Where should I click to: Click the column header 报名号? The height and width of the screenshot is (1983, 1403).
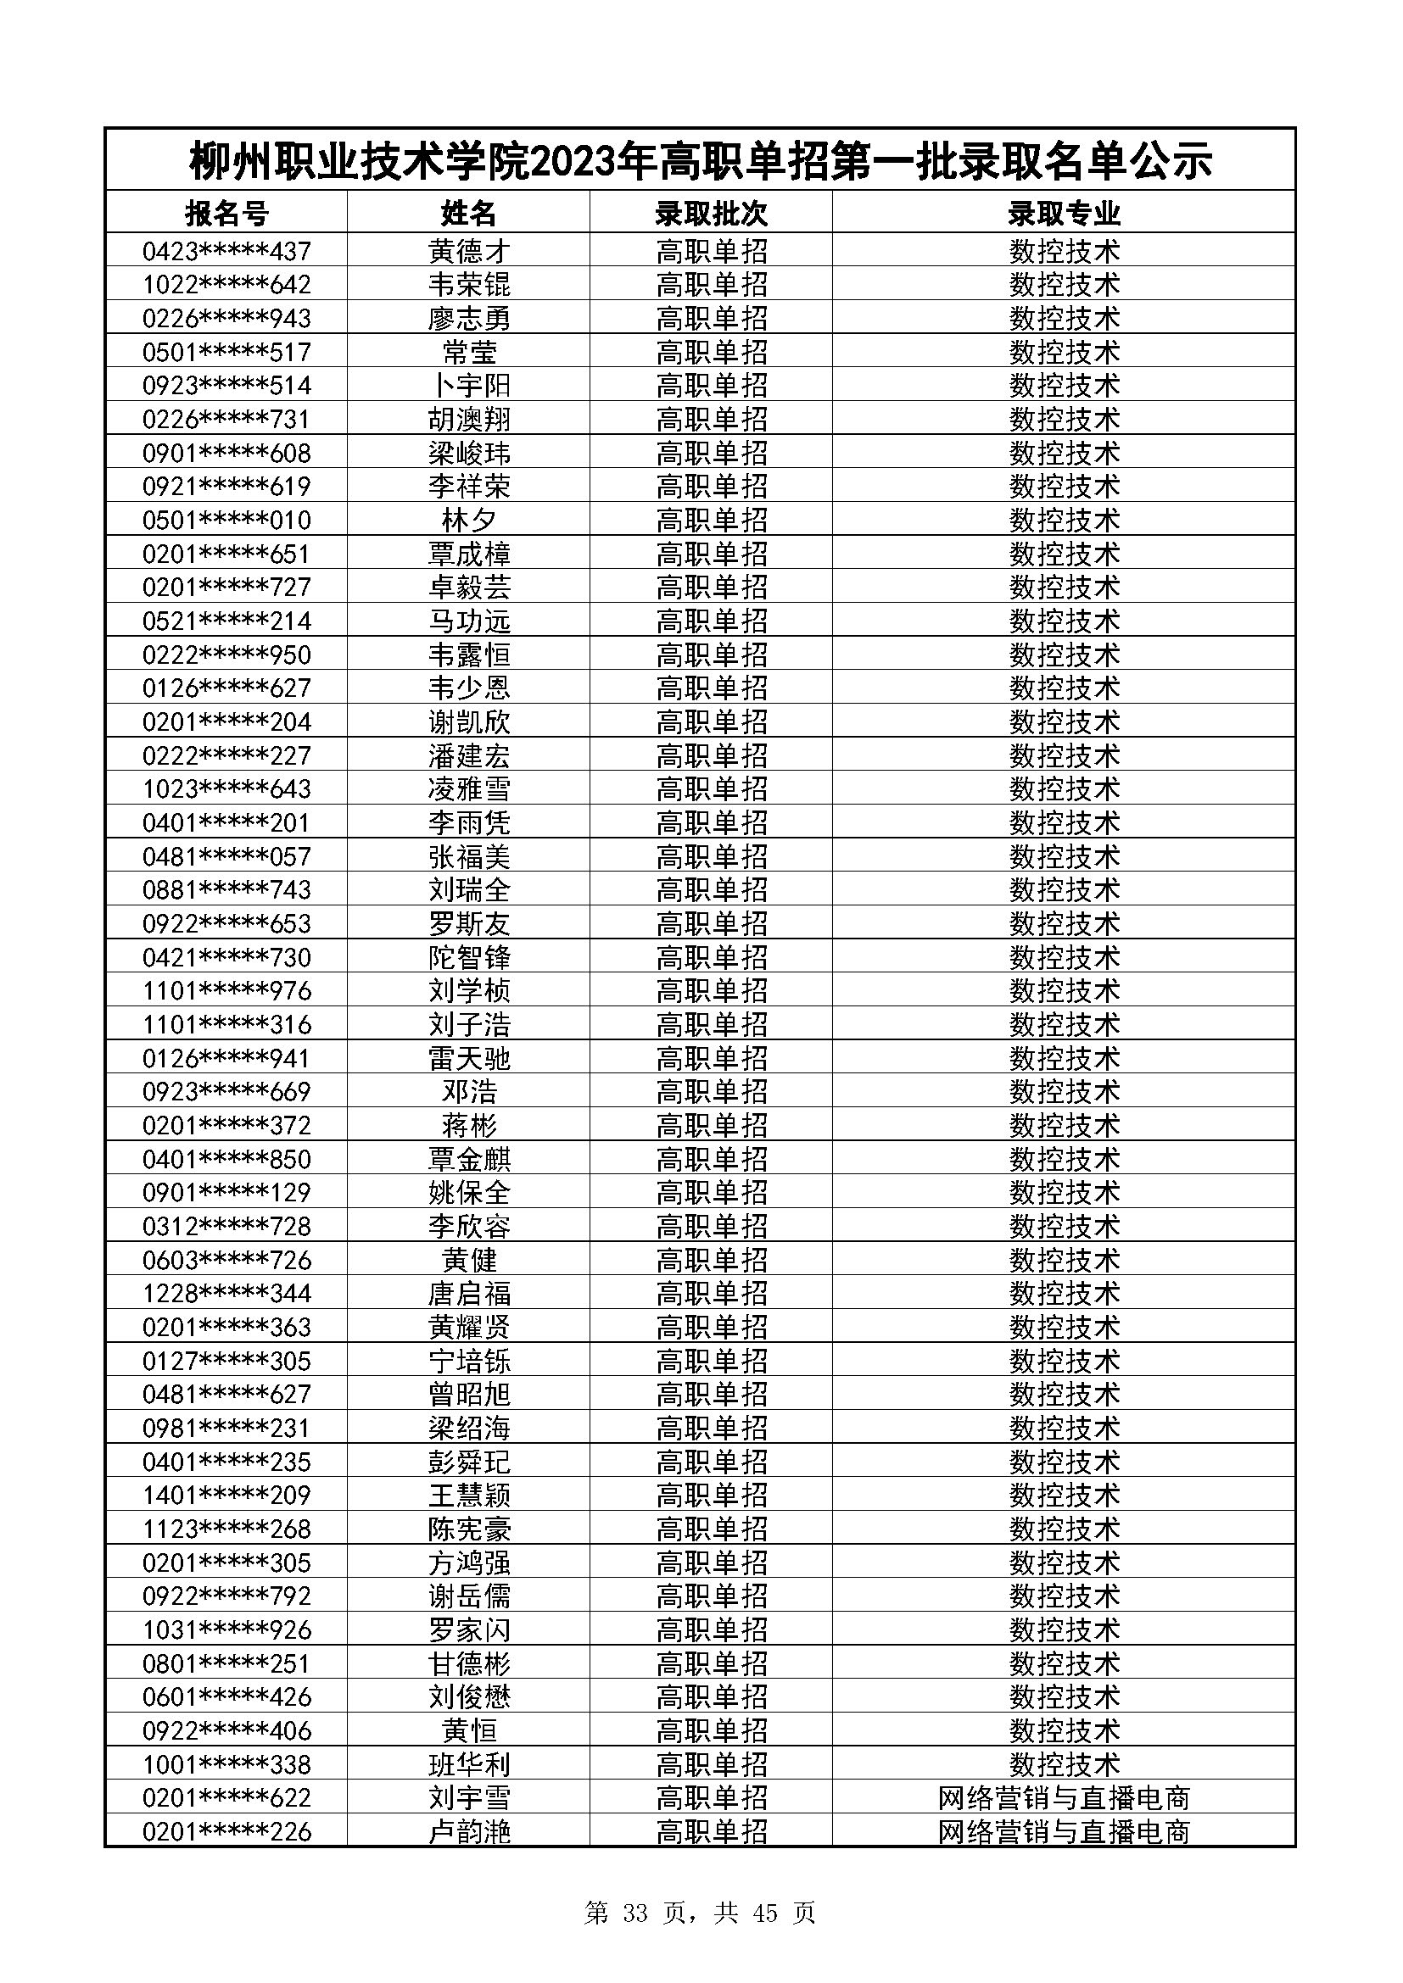click(226, 213)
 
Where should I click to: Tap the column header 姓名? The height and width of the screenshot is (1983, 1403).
click(469, 213)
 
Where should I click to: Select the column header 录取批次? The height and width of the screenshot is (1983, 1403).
click(711, 213)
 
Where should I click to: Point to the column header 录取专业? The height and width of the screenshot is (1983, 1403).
click(1064, 213)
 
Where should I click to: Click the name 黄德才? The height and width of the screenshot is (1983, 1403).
click(469, 251)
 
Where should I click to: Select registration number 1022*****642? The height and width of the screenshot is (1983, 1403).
click(226, 285)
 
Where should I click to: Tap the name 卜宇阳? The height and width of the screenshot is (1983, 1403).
click(469, 385)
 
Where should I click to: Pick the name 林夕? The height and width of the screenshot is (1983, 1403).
click(469, 520)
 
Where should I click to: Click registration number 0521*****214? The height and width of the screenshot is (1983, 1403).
click(226, 621)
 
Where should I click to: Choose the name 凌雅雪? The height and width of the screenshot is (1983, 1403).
click(469, 788)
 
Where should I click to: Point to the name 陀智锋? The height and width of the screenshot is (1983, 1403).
click(469, 957)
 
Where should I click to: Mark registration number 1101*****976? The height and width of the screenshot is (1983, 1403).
click(226, 990)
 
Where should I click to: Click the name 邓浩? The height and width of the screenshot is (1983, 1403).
click(469, 1092)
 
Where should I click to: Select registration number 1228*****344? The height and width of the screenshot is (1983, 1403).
click(226, 1293)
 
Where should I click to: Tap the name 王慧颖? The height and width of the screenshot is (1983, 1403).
click(469, 1495)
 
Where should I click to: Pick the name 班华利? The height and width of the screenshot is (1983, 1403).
click(469, 1763)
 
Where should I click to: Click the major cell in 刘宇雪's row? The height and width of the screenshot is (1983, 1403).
click(1064, 1798)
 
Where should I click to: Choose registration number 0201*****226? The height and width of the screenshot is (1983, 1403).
click(226, 1831)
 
